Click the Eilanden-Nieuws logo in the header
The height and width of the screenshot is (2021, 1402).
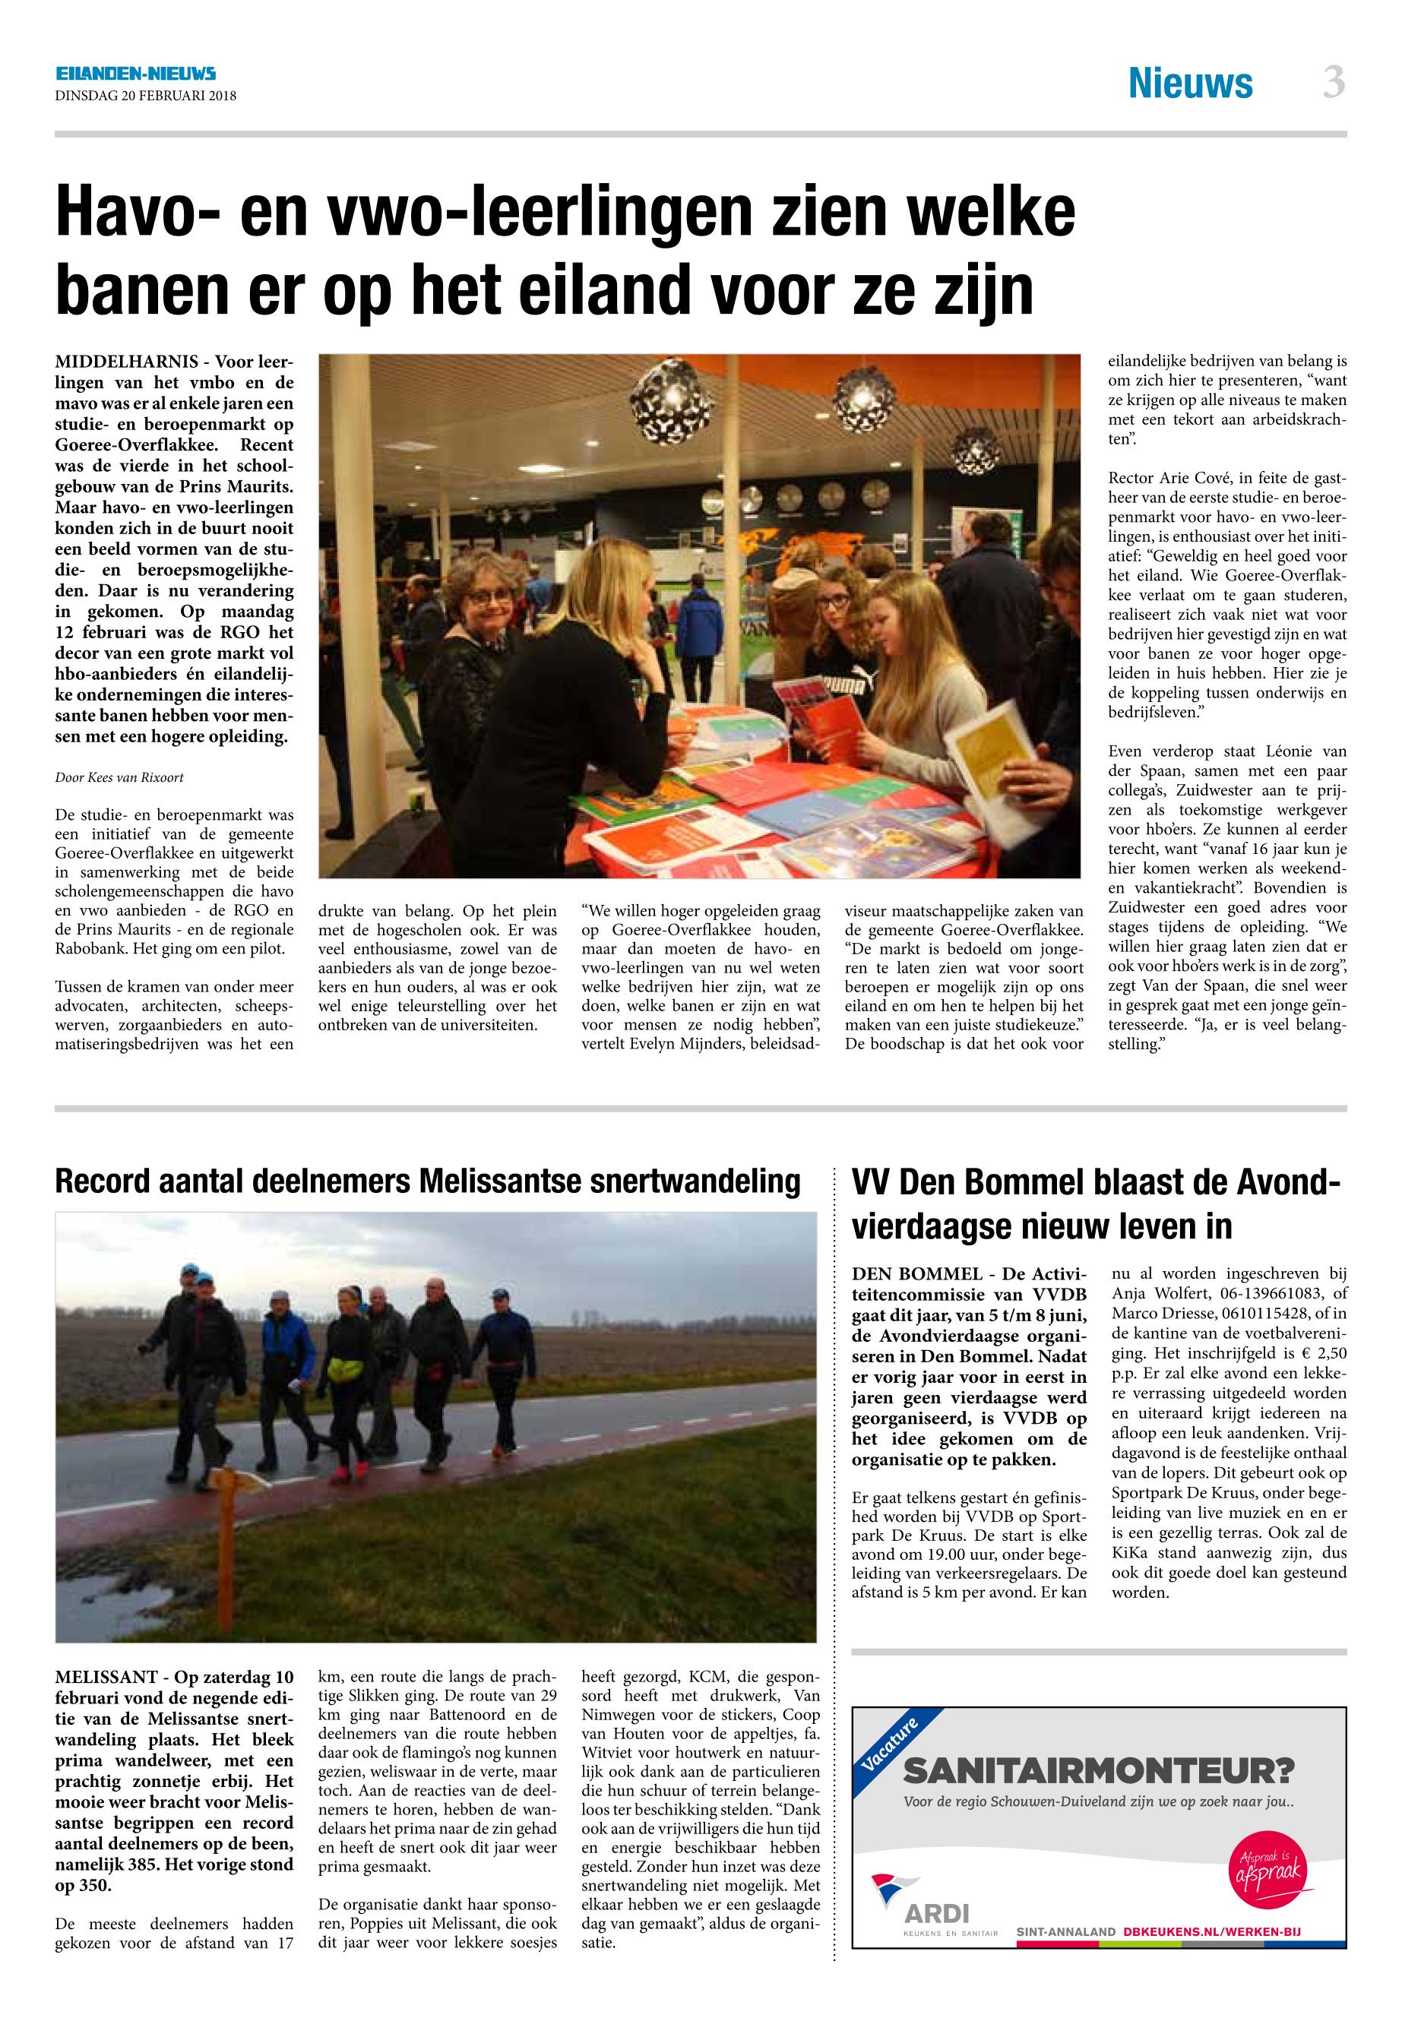click(x=135, y=74)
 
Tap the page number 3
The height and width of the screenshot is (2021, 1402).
click(x=1334, y=84)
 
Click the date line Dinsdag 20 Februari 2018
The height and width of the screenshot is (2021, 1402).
click(x=146, y=96)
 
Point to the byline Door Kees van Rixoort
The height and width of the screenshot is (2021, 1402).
click(x=119, y=777)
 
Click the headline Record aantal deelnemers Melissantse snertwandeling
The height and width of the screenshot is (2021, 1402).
click(x=427, y=1181)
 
